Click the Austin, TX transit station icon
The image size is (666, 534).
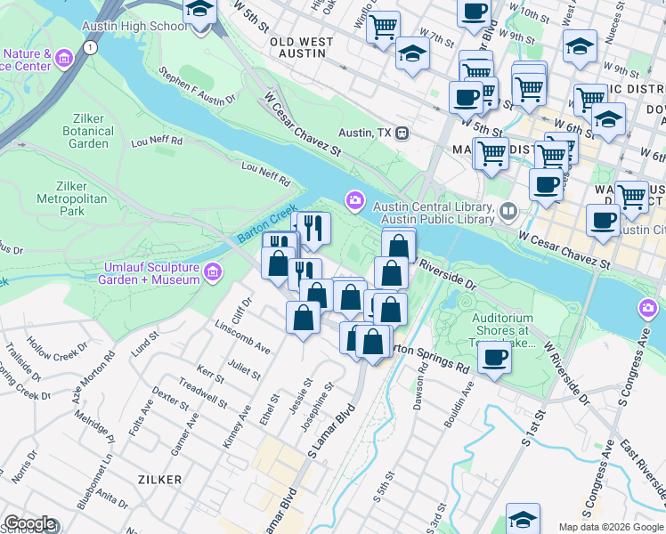[x=402, y=133]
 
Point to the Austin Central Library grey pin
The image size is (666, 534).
[x=508, y=212]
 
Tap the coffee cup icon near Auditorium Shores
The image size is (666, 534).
[x=495, y=357]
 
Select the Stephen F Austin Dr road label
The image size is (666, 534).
[x=198, y=85]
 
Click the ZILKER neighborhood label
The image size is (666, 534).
[x=160, y=480]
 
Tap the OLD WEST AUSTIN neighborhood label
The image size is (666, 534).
[x=301, y=47]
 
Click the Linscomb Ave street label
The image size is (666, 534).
[x=242, y=336]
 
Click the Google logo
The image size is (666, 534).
[x=30, y=523]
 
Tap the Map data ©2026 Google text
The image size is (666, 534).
[x=611, y=527]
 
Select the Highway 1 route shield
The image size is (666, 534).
[x=91, y=49]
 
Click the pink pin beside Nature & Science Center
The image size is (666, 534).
[x=62, y=60]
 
